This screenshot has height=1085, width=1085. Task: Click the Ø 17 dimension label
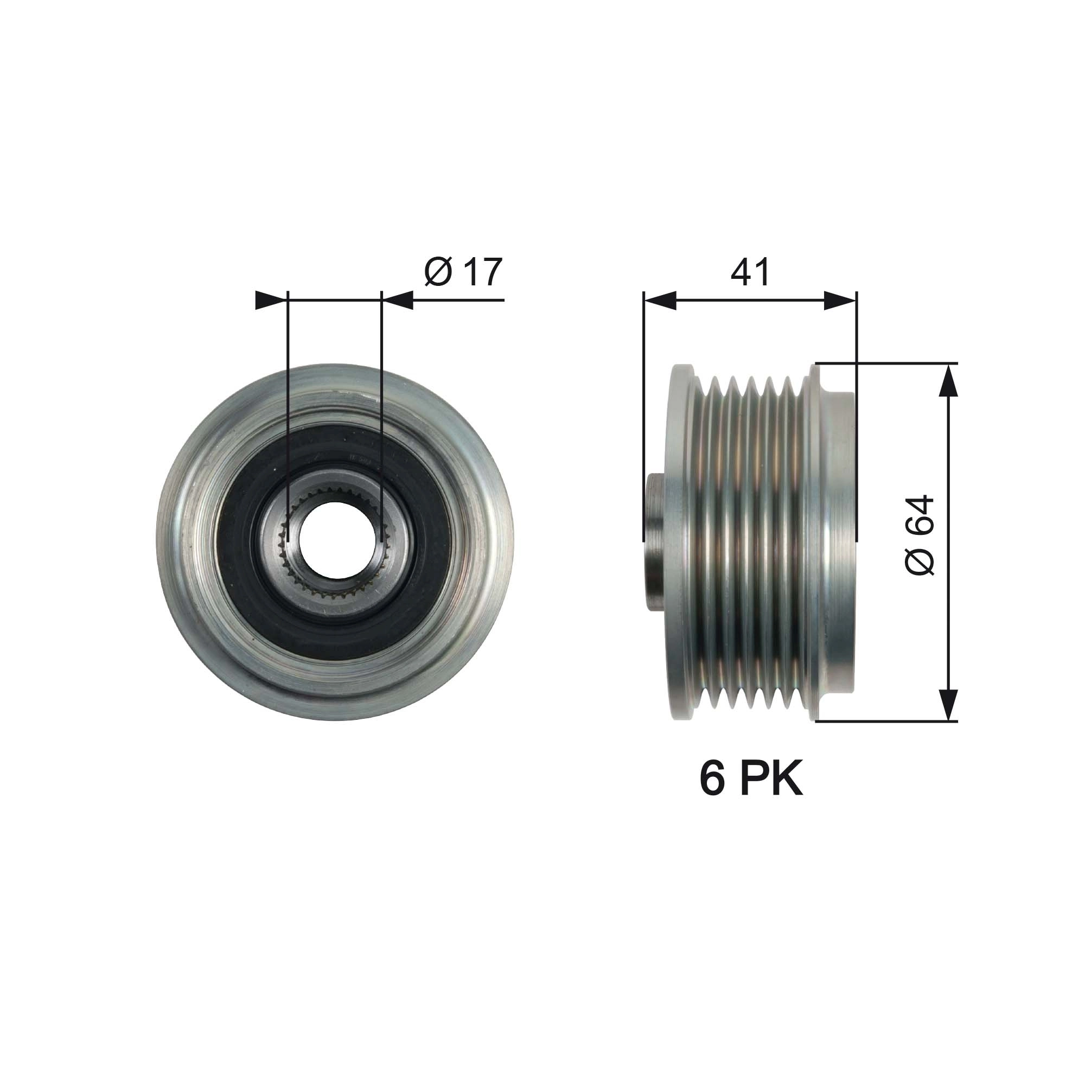click(x=463, y=272)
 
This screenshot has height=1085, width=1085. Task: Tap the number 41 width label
click(x=750, y=273)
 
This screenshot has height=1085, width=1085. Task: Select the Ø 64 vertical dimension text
click(x=920, y=535)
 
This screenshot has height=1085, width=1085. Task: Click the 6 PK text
click(x=751, y=780)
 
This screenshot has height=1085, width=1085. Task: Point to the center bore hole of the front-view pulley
click(x=334, y=541)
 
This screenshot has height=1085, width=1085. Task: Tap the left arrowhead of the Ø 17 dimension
click(x=269, y=301)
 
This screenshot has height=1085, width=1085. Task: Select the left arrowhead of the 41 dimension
click(x=659, y=301)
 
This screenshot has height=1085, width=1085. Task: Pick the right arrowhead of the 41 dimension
click(x=841, y=301)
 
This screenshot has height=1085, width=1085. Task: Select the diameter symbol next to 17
click(x=438, y=272)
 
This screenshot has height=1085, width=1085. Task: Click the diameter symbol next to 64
click(x=920, y=561)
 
